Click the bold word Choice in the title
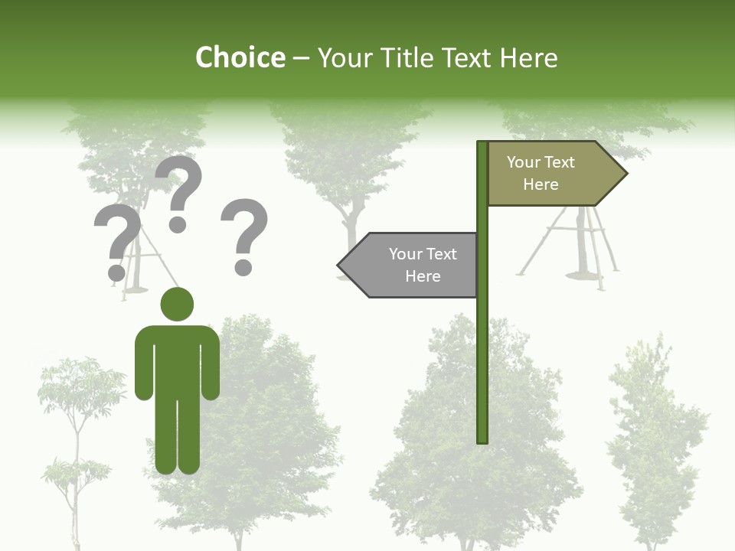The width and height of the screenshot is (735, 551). point(240,57)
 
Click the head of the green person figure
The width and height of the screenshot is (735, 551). point(177,304)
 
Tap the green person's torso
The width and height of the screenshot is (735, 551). point(177,360)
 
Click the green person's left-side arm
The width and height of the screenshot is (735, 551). point(143,367)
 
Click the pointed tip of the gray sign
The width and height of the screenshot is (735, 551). point(340,266)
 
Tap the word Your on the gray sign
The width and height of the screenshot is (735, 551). point(405,254)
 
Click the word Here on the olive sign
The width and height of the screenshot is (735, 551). point(541,184)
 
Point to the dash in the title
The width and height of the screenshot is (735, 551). point(301,58)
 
